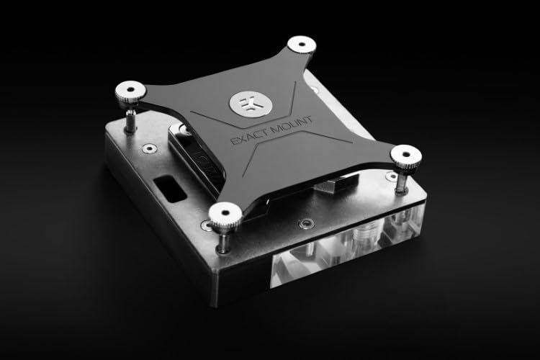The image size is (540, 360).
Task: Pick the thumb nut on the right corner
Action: coord(405,154)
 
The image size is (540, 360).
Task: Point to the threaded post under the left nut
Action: coord(132,120)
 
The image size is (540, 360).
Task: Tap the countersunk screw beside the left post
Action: coord(149,148)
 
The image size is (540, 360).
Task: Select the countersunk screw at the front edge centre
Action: coord(307,224)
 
